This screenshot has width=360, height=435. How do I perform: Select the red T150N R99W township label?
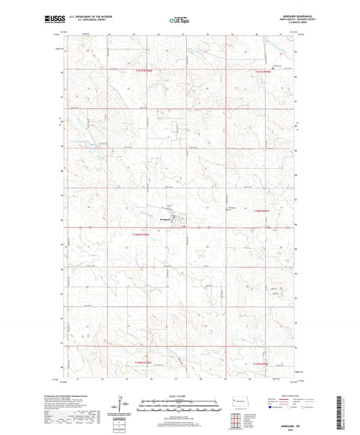(x=264, y=211)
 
